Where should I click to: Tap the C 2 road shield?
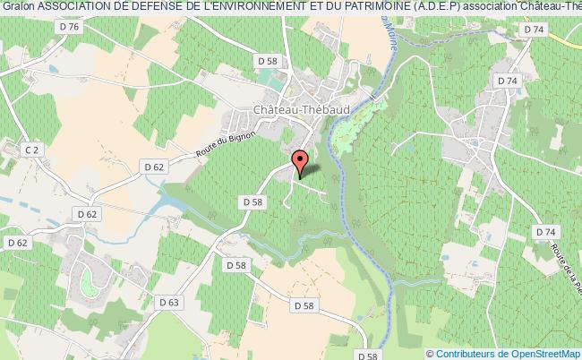(x=31, y=150)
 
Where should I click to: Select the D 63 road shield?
(x=173, y=302)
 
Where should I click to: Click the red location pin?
(x=300, y=162)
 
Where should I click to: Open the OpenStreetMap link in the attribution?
(x=545, y=354)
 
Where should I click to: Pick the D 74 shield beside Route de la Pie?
(x=544, y=233)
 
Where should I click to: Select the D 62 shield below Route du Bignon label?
(x=154, y=167)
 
